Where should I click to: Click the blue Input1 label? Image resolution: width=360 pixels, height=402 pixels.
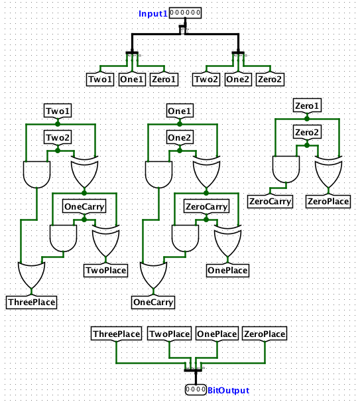point(152,13)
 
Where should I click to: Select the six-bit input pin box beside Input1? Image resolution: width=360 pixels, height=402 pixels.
point(185,13)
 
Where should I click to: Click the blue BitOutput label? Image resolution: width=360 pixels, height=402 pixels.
point(228,391)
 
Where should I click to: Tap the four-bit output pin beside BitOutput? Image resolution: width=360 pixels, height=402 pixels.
point(196,389)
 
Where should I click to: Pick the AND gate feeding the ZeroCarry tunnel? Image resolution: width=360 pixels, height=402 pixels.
point(286,169)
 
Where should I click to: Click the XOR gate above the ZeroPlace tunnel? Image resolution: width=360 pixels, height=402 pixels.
point(328,172)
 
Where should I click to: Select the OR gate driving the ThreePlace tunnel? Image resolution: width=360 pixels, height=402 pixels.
point(32,275)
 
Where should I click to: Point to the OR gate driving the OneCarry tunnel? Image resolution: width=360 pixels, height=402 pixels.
point(153,275)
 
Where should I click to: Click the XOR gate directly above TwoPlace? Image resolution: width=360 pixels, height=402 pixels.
point(105,241)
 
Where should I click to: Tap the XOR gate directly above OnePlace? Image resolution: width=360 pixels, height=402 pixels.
point(227,241)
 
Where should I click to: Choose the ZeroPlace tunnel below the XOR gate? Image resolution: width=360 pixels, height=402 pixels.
point(328,201)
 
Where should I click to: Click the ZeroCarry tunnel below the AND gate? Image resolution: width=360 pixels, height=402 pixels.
point(270,201)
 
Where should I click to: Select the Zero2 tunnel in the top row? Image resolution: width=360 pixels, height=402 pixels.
point(270,79)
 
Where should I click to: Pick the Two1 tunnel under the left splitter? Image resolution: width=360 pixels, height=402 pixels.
point(100,79)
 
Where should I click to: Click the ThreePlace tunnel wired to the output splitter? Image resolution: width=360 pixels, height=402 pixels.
point(116,334)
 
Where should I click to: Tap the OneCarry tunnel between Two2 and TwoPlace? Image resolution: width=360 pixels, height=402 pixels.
point(84,206)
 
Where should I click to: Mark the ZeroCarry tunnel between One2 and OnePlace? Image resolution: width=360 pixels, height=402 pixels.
point(206,206)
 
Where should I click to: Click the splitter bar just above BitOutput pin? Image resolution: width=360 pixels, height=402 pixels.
point(193,370)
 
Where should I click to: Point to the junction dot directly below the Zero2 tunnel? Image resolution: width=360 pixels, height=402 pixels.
point(307,145)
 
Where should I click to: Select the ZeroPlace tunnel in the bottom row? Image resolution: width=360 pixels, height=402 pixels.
point(265,334)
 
